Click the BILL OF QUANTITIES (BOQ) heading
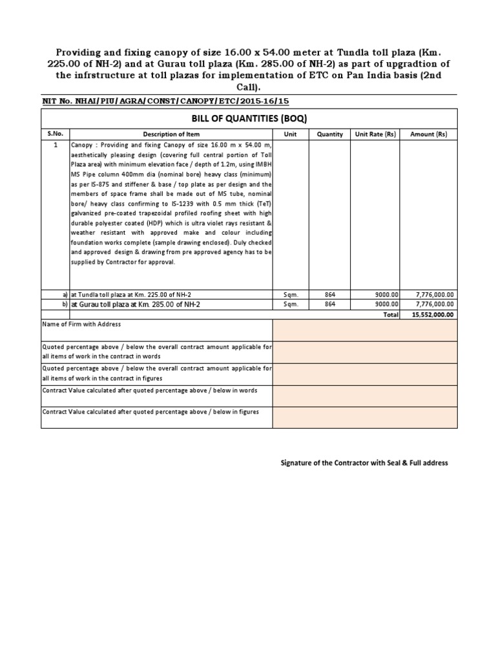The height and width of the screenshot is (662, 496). click(249, 119)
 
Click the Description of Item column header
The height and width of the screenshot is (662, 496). click(167, 134)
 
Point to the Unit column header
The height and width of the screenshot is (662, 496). click(290, 134)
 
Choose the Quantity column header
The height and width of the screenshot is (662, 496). click(329, 134)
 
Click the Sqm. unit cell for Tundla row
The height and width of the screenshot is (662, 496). click(290, 294)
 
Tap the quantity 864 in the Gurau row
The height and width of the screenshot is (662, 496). click(329, 303)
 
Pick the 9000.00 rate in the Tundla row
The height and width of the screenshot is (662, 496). click(386, 294)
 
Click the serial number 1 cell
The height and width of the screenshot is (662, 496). click(56, 146)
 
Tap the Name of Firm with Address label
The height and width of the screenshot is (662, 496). click(81, 324)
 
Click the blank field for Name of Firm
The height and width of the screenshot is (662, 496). click(365, 330)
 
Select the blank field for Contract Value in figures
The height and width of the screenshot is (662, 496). click(365, 417)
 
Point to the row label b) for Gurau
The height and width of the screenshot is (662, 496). click(65, 303)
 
